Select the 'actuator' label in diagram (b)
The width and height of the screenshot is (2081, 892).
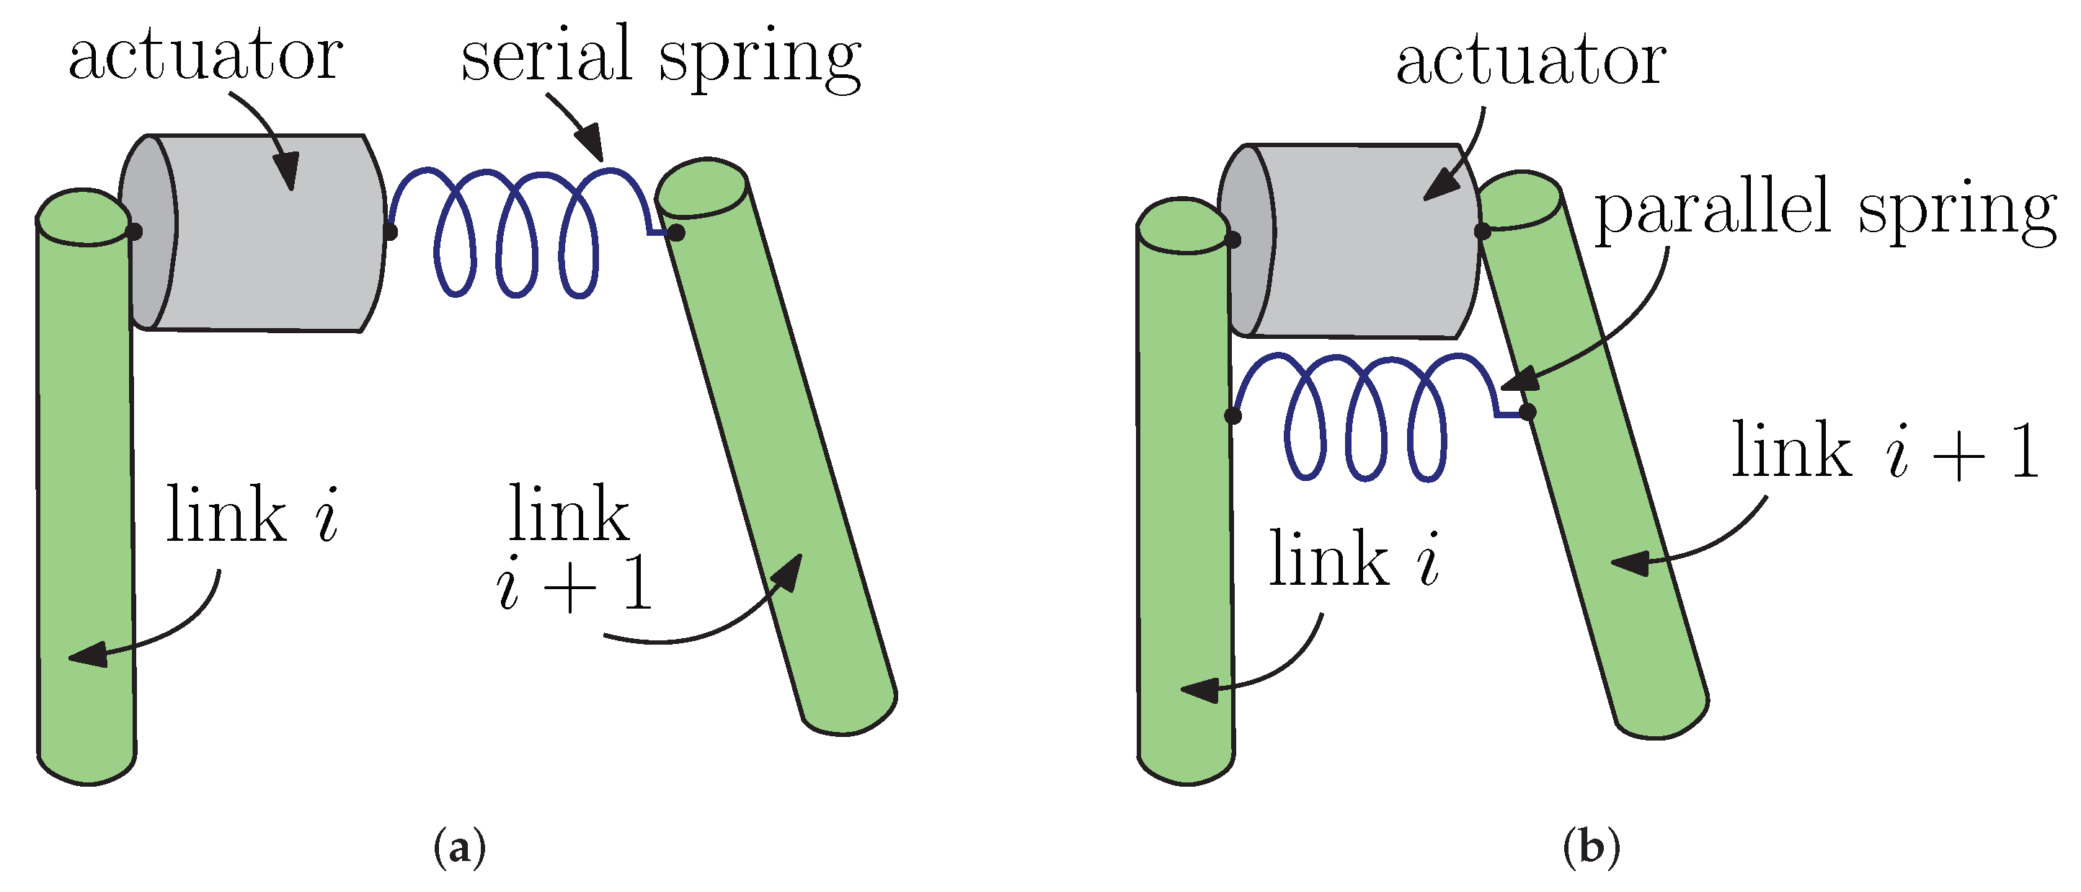tap(1531, 61)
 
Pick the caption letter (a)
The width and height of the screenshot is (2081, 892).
tap(460, 848)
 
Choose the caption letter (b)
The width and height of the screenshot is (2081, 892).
tap(1591, 848)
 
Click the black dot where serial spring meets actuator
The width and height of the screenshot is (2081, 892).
tap(389, 233)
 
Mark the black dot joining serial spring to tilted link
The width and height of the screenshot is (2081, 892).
tap(677, 233)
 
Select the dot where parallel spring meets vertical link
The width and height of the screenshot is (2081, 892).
tap(1233, 416)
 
